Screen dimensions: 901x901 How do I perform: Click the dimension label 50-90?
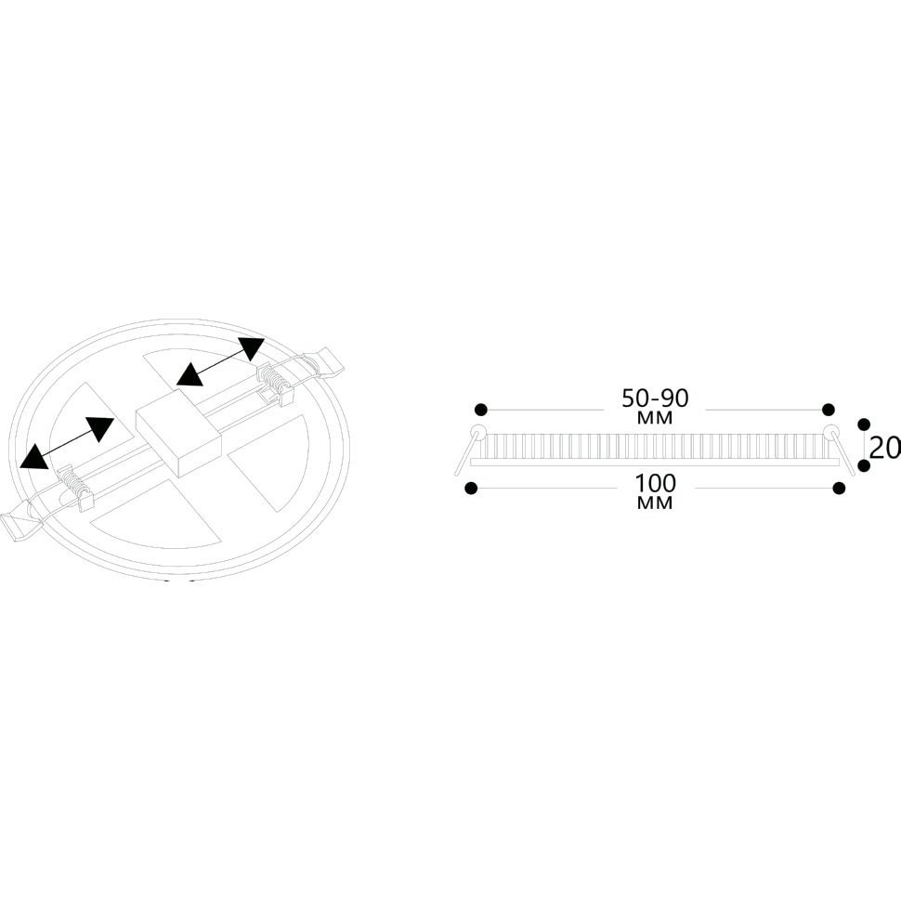point(655,398)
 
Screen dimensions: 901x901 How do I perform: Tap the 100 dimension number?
point(655,483)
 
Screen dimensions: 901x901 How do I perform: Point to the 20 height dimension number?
point(885,449)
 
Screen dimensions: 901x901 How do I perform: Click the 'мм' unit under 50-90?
point(655,418)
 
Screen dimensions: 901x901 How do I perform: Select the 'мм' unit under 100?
point(655,503)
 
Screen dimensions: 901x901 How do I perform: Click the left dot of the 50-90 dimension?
point(481,410)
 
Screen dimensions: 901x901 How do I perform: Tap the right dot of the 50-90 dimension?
point(828,410)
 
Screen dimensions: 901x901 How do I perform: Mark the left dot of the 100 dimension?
point(471,489)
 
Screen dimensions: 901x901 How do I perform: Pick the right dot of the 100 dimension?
point(840,489)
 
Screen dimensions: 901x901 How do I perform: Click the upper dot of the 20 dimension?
point(863,424)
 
